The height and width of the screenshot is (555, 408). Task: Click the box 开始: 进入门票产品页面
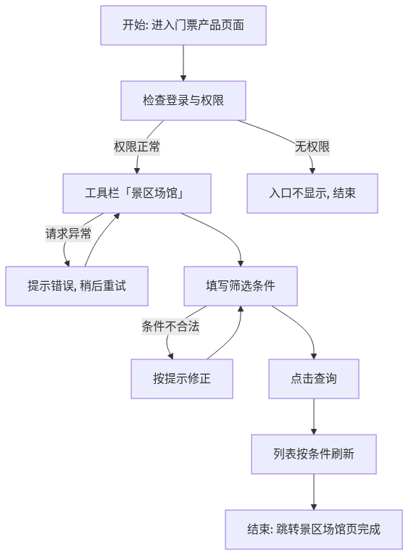(183, 25)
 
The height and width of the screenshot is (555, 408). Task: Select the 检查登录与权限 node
(183, 101)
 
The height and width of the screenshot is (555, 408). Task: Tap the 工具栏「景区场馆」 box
(137, 193)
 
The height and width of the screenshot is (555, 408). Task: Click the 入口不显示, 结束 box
(312, 193)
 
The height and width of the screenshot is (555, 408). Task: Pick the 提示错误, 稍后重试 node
(77, 286)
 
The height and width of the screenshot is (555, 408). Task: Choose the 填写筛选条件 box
(241, 286)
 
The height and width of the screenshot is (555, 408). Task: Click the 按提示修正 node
(182, 379)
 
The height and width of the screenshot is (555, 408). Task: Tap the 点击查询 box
(314, 379)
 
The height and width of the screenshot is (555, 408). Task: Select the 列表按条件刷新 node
(314, 454)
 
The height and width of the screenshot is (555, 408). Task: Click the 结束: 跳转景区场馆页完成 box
(314, 530)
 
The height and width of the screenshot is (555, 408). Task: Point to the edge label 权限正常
(137, 146)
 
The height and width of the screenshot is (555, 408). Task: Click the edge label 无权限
(312, 146)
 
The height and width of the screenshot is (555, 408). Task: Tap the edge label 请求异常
(68, 233)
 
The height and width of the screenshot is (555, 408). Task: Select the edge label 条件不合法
(171, 326)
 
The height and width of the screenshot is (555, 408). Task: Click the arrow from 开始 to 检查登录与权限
(183, 63)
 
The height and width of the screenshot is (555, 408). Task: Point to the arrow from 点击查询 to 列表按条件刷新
(314, 417)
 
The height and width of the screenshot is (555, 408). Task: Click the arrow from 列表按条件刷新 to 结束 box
(314, 492)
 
